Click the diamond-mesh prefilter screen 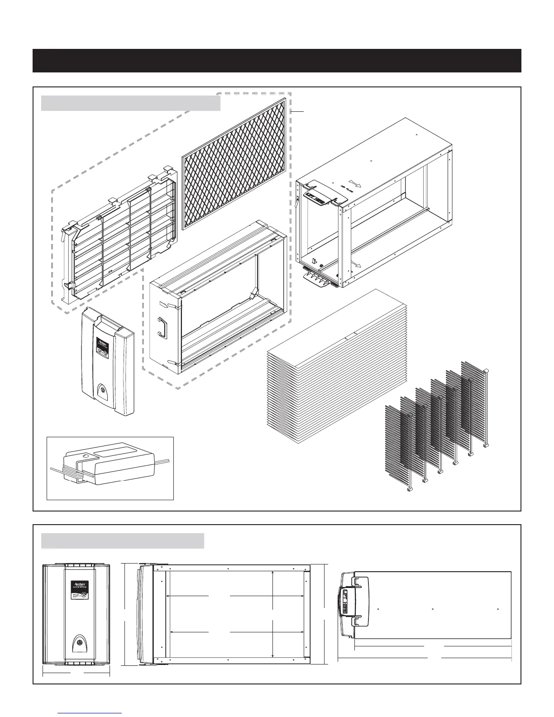[234, 163]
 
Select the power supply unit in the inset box [106, 466]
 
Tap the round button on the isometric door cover [104, 389]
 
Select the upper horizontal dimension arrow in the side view [235, 597]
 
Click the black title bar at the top [277, 61]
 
